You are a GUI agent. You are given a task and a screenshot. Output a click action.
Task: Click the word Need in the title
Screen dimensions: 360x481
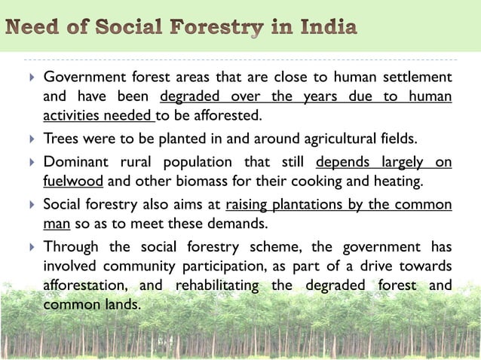click(35, 29)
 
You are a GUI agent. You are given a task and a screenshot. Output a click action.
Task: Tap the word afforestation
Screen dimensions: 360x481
click(85, 286)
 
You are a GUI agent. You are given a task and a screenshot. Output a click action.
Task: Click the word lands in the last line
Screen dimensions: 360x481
click(123, 306)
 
